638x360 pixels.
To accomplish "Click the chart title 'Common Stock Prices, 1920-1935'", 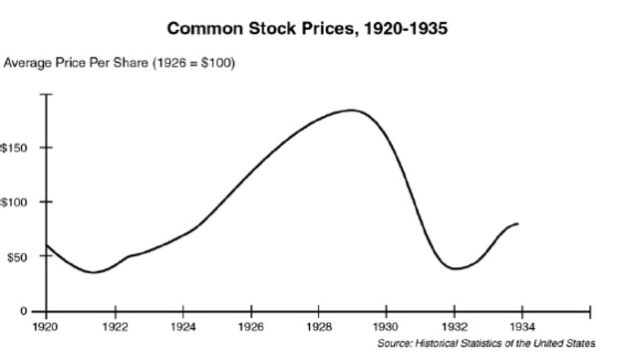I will [307, 27].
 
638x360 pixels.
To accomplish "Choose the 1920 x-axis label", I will [46, 326].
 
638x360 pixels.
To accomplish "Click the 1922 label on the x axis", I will [115, 326].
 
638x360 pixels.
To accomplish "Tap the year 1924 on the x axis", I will [183, 326].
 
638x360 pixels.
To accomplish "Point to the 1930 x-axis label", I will [387, 326].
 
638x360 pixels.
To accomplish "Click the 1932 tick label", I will [455, 326].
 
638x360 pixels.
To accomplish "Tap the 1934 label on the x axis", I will [522, 326].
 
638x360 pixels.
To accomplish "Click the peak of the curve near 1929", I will [351, 110].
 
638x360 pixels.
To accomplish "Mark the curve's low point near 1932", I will [455, 269].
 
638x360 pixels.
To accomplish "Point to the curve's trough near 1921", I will [94, 272].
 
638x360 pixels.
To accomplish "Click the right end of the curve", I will [517, 223].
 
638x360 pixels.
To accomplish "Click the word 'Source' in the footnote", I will [396, 342].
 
